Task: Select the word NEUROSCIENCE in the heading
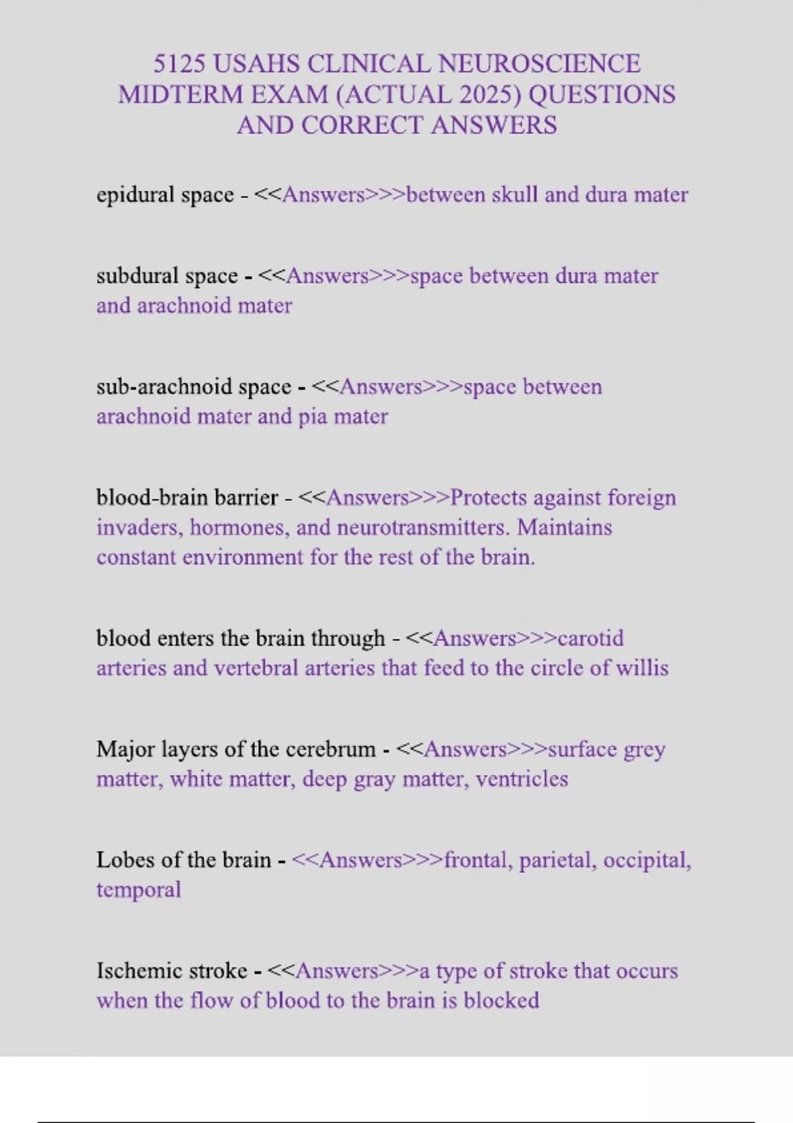pos(539,64)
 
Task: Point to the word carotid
pos(590,638)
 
